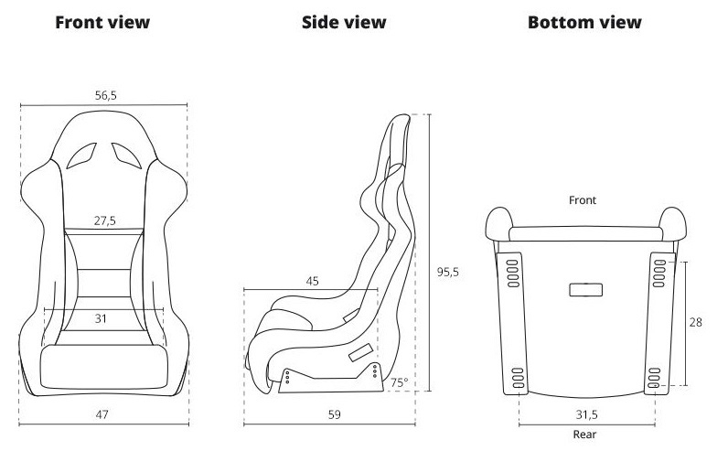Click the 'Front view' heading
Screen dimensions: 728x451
coord(102,22)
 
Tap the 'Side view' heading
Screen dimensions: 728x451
coord(344,22)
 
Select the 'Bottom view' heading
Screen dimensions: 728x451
coord(584,22)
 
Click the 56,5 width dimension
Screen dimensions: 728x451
coord(106,96)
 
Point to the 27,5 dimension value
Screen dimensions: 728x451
coord(105,220)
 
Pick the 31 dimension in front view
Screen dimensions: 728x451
coord(101,318)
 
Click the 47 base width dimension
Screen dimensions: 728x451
coord(102,414)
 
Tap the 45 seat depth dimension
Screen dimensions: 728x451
coord(313,281)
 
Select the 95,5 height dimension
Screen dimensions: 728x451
coord(447,273)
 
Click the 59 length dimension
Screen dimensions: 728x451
coord(335,414)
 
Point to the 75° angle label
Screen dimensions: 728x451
coord(399,382)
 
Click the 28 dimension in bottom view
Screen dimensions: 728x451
coord(695,322)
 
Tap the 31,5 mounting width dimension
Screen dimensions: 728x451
coord(587,414)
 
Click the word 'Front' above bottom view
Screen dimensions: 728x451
coord(583,200)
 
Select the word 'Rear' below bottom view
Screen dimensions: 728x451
coord(584,435)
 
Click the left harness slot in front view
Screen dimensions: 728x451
coord(81,156)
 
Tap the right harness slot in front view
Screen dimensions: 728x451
coord(126,156)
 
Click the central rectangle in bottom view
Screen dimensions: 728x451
coord(586,290)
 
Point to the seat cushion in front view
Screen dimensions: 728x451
coord(104,367)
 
